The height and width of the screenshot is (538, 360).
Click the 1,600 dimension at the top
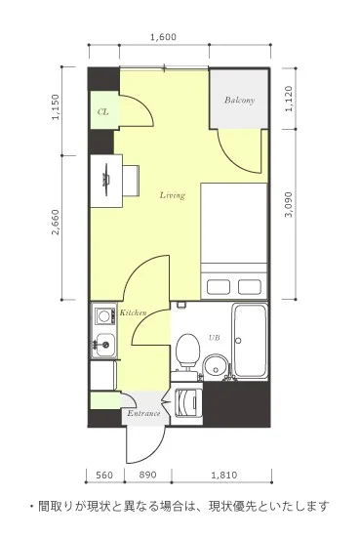(x=163, y=37)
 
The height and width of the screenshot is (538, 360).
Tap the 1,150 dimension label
(x=56, y=107)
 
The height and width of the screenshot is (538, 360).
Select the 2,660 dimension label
(x=56, y=222)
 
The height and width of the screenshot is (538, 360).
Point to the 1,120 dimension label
(x=289, y=99)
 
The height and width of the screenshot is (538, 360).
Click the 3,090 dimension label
(x=289, y=204)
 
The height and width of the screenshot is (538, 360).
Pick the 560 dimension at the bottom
(x=104, y=475)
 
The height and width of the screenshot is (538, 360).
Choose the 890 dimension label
(x=147, y=475)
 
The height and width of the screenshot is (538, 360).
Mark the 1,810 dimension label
(x=223, y=475)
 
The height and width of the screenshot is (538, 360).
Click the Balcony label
(x=239, y=101)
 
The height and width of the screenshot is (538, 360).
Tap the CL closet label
(x=102, y=112)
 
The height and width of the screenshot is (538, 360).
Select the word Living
(x=172, y=195)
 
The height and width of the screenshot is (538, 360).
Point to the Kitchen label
(x=133, y=312)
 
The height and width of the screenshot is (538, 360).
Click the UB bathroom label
(x=215, y=338)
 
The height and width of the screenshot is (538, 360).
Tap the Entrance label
(x=143, y=413)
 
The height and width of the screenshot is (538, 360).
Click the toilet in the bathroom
(x=187, y=351)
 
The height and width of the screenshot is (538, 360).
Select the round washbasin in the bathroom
(x=215, y=366)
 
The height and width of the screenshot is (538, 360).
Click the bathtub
(x=250, y=341)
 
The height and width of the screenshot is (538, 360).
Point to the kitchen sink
(x=104, y=345)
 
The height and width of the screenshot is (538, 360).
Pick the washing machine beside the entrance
(x=186, y=403)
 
